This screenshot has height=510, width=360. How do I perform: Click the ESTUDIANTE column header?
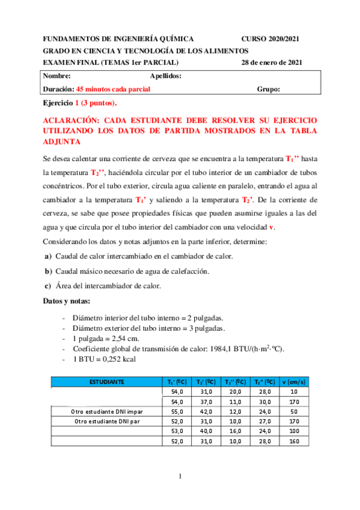(x=107, y=381)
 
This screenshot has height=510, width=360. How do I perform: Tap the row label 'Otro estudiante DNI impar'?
(x=106, y=411)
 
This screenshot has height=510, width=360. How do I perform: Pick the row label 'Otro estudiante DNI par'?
(x=106, y=420)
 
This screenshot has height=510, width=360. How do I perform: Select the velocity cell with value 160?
(x=294, y=440)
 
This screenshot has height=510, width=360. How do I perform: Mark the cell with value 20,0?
(x=236, y=391)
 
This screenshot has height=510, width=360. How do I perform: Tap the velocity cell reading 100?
(x=294, y=431)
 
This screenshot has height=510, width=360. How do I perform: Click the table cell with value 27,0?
(x=265, y=420)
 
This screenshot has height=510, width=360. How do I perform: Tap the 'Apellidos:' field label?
(x=165, y=76)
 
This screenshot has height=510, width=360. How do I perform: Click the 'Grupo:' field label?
(x=268, y=89)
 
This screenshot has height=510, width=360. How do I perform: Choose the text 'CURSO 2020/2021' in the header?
(x=270, y=38)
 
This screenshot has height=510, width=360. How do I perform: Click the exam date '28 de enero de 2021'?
(x=272, y=62)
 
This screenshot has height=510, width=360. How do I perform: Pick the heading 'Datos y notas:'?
(x=67, y=301)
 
